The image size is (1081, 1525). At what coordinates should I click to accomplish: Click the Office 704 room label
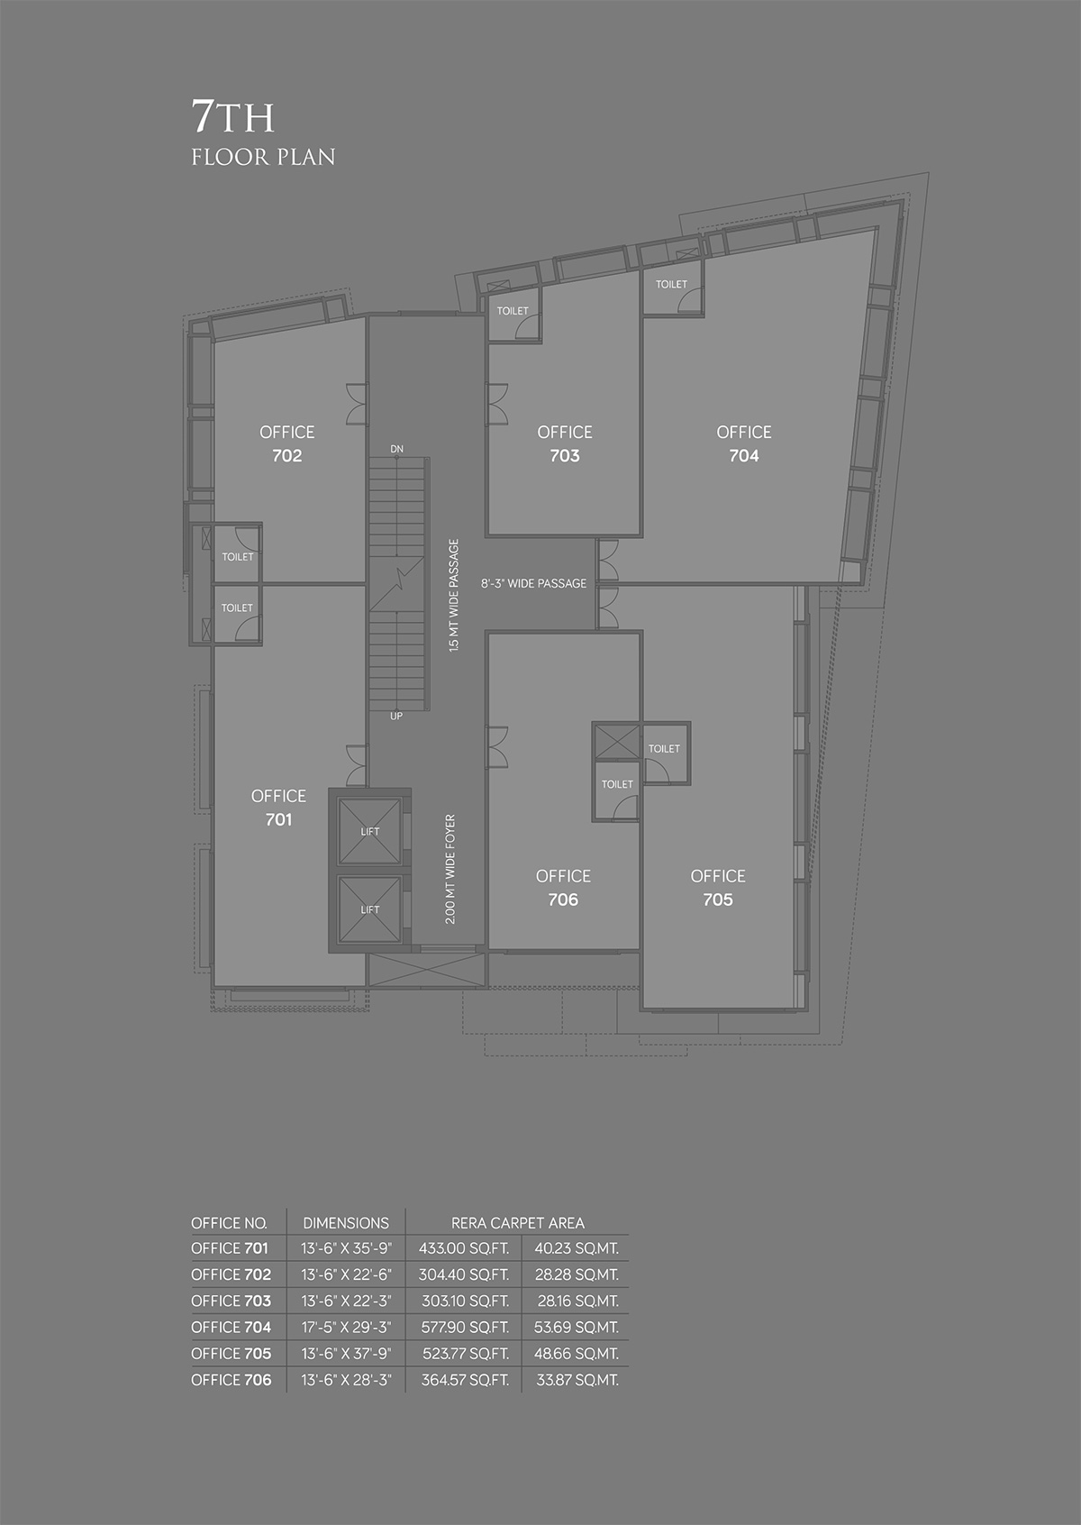(x=743, y=443)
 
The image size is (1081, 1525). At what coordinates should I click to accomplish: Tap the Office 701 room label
(x=279, y=808)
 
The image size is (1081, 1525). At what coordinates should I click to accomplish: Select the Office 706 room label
(x=563, y=888)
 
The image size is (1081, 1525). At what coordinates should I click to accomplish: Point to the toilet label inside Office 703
(x=513, y=311)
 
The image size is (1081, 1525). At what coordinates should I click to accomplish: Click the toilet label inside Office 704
(x=671, y=285)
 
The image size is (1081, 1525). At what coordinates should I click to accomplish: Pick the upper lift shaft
(x=370, y=831)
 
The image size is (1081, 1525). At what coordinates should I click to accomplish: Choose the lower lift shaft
(x=370, y=909)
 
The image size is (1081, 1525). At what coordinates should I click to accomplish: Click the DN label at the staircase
(x=396, y=449)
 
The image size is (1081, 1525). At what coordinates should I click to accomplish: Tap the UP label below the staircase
(x=396, y=717)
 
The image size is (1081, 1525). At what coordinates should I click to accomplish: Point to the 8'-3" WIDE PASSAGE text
(x=534, y=583)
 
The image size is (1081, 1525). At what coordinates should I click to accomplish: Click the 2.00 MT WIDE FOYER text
(x=450, y=870)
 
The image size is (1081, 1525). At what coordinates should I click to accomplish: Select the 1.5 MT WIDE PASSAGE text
(x=454, y=596)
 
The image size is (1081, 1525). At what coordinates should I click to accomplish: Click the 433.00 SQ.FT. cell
(x=464, y=1248)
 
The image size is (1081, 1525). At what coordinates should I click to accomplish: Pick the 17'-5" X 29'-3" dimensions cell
(x=346, y=1327)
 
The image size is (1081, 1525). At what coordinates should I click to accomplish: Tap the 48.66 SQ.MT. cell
(x=577, y=1354)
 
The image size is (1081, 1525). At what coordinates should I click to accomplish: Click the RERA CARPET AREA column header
(x=518, y=1223)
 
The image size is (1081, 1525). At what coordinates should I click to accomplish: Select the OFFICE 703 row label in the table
(x=232, y=1301)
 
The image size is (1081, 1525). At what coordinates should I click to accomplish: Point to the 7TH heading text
(x=232, y=116)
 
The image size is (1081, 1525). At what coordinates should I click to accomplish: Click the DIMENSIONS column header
(x=346, y=1223)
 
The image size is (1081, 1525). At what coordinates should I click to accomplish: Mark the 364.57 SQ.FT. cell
(x=465, y=1380)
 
